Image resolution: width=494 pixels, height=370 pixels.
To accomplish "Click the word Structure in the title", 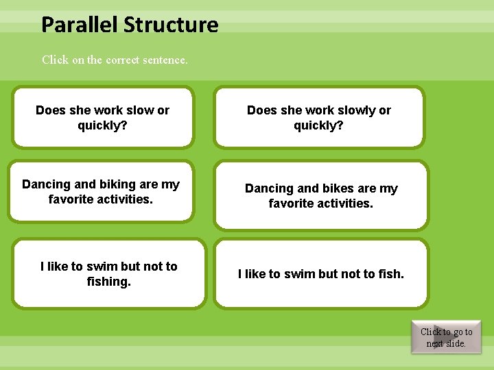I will (x=171, y=25).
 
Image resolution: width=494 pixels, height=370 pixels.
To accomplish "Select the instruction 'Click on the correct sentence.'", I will (x=115, y=60).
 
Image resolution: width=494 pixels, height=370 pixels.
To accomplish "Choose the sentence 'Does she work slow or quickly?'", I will (x=103, y=118).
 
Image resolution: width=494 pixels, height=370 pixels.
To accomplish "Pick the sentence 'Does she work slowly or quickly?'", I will (x=318, y=118).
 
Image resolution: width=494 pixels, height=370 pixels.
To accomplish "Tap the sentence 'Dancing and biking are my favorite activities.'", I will (x=101, y=192).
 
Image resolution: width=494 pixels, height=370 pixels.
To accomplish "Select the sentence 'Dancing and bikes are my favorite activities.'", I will (x=320, y=196).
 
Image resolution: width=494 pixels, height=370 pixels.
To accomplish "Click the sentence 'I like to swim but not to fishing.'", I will (x=108, y=274).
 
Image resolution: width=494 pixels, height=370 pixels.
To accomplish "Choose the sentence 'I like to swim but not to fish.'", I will (x=320, y=274).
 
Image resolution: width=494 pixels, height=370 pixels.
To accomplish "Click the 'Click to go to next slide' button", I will (x=446, y=337).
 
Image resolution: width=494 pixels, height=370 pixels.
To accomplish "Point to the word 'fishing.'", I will (x=108, y=282).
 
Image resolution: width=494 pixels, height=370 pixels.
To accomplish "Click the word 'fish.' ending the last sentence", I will (x=391, y=274).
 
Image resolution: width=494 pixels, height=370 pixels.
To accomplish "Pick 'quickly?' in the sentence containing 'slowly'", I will (x=318, y=125).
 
